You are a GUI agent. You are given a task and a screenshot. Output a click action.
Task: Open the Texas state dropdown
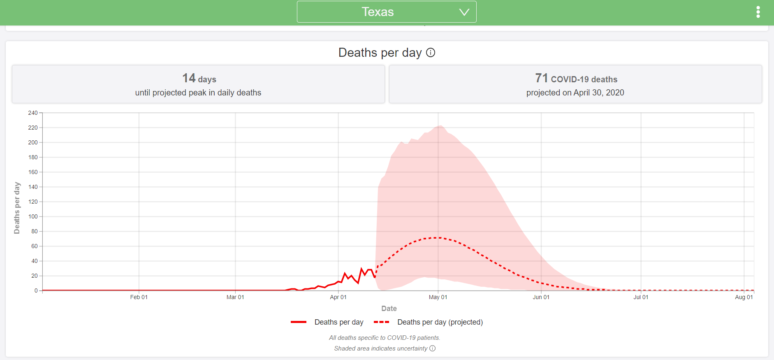(387, 12)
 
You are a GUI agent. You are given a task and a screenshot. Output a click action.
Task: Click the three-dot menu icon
(758, 12)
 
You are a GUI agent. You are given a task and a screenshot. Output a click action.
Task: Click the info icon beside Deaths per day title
(431, 53)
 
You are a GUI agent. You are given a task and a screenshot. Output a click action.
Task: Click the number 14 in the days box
(189, 78)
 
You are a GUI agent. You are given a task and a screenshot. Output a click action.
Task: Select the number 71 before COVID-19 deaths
(541, 78)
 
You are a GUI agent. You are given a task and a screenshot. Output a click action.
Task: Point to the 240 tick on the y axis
(33, 113)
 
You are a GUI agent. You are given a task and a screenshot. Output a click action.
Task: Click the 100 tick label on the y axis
(33, 217)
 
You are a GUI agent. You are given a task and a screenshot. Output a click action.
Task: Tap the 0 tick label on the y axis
(36, 291)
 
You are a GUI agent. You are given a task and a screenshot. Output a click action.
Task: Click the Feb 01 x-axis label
(139, 297)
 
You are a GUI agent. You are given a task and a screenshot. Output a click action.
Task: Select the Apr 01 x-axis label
(338, 297)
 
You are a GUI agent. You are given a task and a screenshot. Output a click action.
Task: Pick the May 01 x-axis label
(438, 297)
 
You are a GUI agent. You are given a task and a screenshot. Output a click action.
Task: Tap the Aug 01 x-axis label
(744, 297)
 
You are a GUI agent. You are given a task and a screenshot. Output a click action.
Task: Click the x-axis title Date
(389, 309)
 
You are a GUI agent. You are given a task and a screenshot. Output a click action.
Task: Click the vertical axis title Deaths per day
(17, 208)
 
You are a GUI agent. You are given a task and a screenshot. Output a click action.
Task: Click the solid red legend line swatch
(299, 322)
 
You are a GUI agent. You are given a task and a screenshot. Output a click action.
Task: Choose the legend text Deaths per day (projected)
(440, 322)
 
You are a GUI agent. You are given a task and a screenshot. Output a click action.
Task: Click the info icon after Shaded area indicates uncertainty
(433, 348)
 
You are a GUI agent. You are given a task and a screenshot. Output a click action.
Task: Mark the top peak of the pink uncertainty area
(440, 125)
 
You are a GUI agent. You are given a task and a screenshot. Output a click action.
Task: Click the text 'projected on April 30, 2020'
(575, 93)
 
